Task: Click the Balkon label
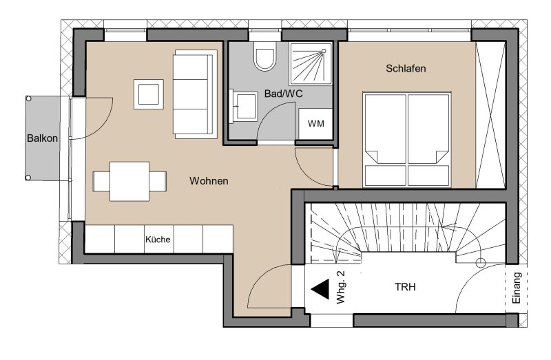pos(42,138)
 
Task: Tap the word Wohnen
pos(209,181)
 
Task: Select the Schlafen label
pos(406,68)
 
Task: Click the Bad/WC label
pos(283,94)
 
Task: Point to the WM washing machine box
pos(315,124)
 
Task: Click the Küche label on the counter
pos(158,240)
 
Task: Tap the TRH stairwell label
pos(405,287)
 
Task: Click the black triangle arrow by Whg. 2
pos(320,289)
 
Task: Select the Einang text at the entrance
pos(516,288)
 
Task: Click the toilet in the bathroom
pos(265,56)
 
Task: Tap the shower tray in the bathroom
pos(311,63)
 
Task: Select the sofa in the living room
pos(195,94)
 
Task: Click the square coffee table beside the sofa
pos(149,94)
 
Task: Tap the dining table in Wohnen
pos(129,181)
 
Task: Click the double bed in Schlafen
pos(407,140)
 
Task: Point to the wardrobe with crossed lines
pos(490,115)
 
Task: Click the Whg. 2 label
pos(341,287)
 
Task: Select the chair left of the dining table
pos(101,181)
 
